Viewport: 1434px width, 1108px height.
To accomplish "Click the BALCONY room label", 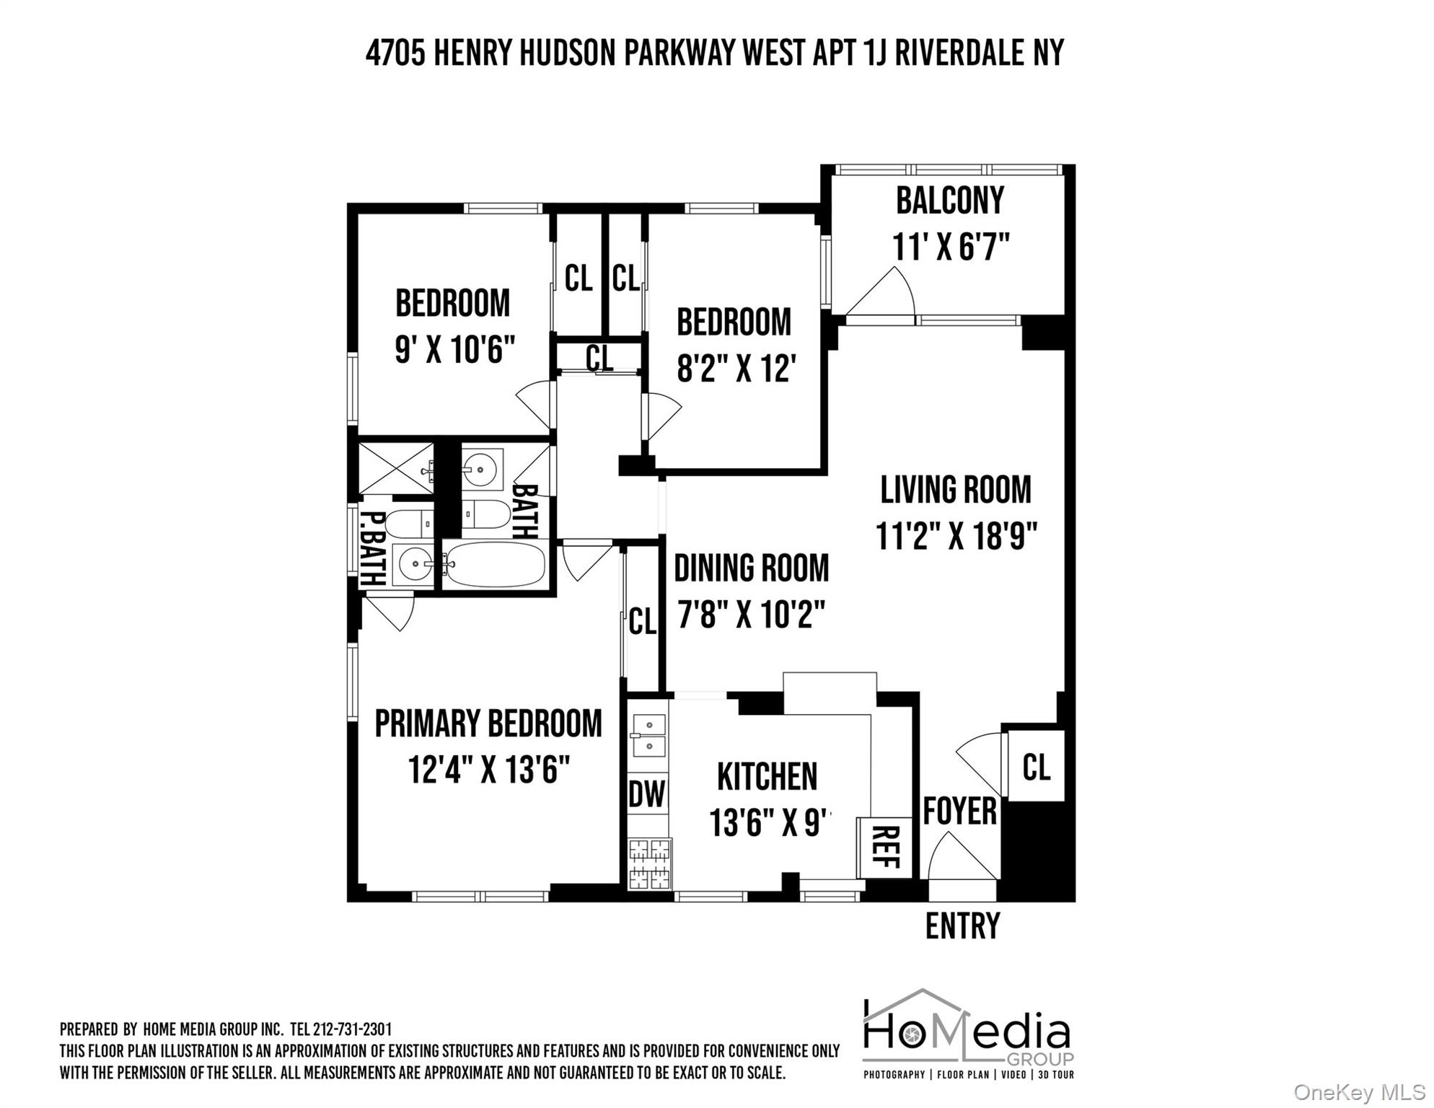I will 949,201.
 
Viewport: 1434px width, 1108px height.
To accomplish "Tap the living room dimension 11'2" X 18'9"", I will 956,536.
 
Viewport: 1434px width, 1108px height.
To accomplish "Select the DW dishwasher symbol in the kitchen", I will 647,794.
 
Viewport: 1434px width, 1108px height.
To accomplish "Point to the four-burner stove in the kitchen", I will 649,863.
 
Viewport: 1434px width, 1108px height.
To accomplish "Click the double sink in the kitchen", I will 648,735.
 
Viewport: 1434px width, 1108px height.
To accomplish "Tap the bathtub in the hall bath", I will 494,564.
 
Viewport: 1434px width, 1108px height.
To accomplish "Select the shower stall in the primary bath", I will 395,469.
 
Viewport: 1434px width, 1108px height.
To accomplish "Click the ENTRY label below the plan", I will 962,926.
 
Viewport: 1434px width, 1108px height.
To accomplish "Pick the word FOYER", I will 959,812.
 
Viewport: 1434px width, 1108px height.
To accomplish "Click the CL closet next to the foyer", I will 1036,767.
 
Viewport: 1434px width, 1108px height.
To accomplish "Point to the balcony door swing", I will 884,294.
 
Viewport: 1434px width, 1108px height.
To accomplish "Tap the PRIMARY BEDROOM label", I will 488,724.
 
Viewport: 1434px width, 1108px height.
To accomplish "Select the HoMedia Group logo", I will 968,1034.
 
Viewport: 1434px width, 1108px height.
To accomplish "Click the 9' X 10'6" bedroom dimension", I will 454,351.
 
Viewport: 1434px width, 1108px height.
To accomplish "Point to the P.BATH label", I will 372,548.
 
